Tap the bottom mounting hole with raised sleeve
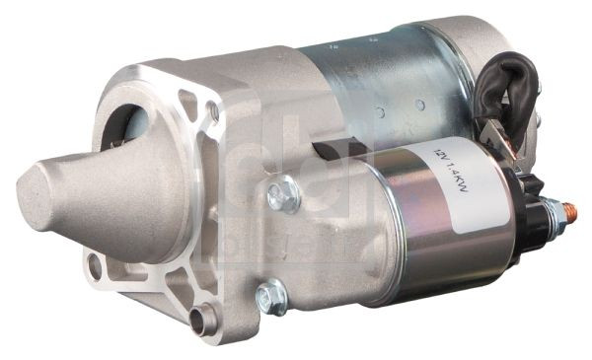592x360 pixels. [206, 318]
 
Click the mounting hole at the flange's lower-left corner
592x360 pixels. [94, 264]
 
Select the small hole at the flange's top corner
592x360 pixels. [213, 111]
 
